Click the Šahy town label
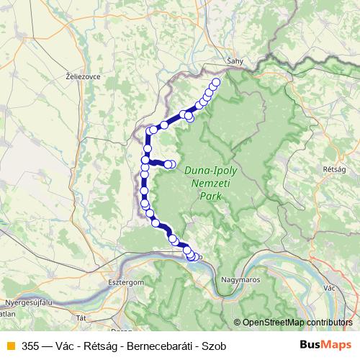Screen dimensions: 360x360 [x=236, y=61]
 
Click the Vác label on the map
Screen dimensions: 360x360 [x=330, y=287]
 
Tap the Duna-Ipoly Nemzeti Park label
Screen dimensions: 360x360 [x=210, y=183]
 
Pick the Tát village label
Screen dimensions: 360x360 [x=81, y=317]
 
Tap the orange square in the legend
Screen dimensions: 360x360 [x=9, y=346]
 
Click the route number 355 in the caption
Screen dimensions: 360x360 [x=30, y=346]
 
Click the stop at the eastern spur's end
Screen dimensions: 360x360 [x=171, y=165]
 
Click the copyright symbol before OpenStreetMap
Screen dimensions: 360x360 [x=238, y=323]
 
